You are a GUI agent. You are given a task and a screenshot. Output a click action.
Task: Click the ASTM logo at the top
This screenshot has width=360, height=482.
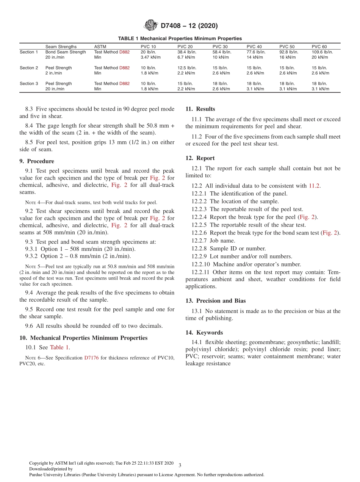click(x=150, y=26)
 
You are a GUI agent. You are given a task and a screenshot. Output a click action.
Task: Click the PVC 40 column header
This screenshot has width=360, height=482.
click(x=254, y=47)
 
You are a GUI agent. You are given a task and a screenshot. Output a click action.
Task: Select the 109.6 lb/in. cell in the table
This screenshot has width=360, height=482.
click(x=322, y=52)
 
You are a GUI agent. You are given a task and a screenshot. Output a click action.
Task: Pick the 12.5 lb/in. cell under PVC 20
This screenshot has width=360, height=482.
click(x=187, y=68)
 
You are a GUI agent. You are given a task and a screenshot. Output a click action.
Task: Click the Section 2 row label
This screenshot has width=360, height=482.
click(x=29, y=68)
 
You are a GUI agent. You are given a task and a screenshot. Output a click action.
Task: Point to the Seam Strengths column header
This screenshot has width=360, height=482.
click(x=61, y=47)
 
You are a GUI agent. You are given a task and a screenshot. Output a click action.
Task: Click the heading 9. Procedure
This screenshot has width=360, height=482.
click(x=36, y=161)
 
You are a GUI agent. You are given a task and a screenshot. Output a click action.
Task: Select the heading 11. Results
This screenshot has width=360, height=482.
click(x=200, y=109)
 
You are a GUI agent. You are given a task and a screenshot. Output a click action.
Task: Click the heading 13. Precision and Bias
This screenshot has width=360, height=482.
click(x=215, y=300)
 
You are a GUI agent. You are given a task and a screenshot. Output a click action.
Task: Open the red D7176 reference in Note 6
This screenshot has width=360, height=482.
click(x=91, y=358)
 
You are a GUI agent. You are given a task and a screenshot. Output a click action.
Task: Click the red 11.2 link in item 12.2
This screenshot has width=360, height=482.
click(x=314, y=186)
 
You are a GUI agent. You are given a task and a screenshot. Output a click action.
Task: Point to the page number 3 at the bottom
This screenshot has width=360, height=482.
click(x=180, y=465)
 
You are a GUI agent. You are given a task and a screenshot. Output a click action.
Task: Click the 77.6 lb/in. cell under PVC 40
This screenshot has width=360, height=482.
click(x=256, y=52)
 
